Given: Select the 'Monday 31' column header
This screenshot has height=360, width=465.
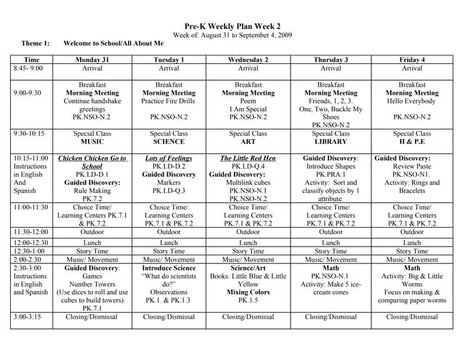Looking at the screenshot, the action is [x=92, y=60].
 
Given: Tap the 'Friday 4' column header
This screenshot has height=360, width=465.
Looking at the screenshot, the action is [x=412, y=60].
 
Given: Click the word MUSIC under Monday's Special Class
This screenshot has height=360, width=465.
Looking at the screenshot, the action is [x=92, y=143].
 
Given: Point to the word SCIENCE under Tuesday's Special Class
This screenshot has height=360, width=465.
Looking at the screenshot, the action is [x=169, y=143].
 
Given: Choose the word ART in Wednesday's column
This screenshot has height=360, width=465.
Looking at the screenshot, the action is [x=248, y=143].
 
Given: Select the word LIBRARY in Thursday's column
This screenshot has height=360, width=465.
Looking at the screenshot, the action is [x=331, y=143].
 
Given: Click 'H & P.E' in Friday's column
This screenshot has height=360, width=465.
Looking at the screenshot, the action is [x=412, y=143].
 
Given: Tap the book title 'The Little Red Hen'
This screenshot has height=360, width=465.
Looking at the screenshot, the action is [x=248, y=158].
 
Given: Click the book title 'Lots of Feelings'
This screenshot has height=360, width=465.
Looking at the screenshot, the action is [x=169, y=158].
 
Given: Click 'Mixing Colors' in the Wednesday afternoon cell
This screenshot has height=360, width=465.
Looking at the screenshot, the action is [x=248, y=292].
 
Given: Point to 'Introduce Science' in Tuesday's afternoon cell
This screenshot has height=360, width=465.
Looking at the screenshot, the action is [x=169, y=268].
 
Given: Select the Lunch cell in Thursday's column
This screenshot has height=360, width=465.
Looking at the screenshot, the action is [x=331, y=243].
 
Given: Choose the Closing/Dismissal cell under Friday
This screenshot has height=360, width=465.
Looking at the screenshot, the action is [x=412, y=317].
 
